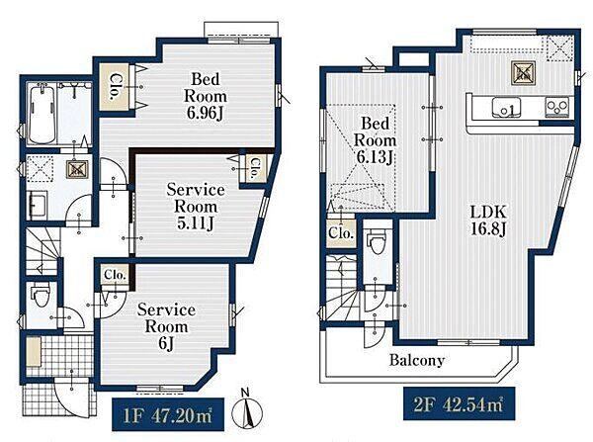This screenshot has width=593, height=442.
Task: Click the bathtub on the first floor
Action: click(x=42, y=115)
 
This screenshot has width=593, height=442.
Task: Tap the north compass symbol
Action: click(x=246, y=410)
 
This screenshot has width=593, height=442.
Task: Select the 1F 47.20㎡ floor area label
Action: click(x=168, y=414)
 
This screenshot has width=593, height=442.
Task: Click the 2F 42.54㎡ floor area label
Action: click(x=459, y=404)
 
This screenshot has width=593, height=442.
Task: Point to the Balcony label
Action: click(x=417, y=360)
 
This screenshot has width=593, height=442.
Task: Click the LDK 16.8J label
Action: click(x=488, y=220)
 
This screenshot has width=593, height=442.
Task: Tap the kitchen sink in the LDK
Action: click(x=506, y=107)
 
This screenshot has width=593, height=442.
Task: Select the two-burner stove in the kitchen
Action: click(x=557, y=107)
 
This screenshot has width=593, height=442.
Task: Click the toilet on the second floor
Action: click(x=376, y=241)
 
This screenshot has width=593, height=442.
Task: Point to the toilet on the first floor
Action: click(x=40, y=296)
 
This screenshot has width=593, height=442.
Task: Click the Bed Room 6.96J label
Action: click(x=206, y=96)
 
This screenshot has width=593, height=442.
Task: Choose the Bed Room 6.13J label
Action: click(x=375, y=140)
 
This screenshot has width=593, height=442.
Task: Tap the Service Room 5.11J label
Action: click(x=196, y=207)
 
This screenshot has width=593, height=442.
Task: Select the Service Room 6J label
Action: click(x=166, y=326)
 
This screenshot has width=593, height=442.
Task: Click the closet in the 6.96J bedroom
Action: click(x=115, y=87)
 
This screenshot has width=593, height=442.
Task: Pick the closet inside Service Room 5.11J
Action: click(x=253, y=168)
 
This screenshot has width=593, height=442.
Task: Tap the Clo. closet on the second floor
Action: click(x=341, y=233)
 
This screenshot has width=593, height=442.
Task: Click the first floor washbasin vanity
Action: click(x=38, y=205)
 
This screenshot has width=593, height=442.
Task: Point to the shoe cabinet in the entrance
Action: click(x=34, y=352)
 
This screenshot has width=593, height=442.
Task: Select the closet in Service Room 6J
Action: click(x=115, y=274)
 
